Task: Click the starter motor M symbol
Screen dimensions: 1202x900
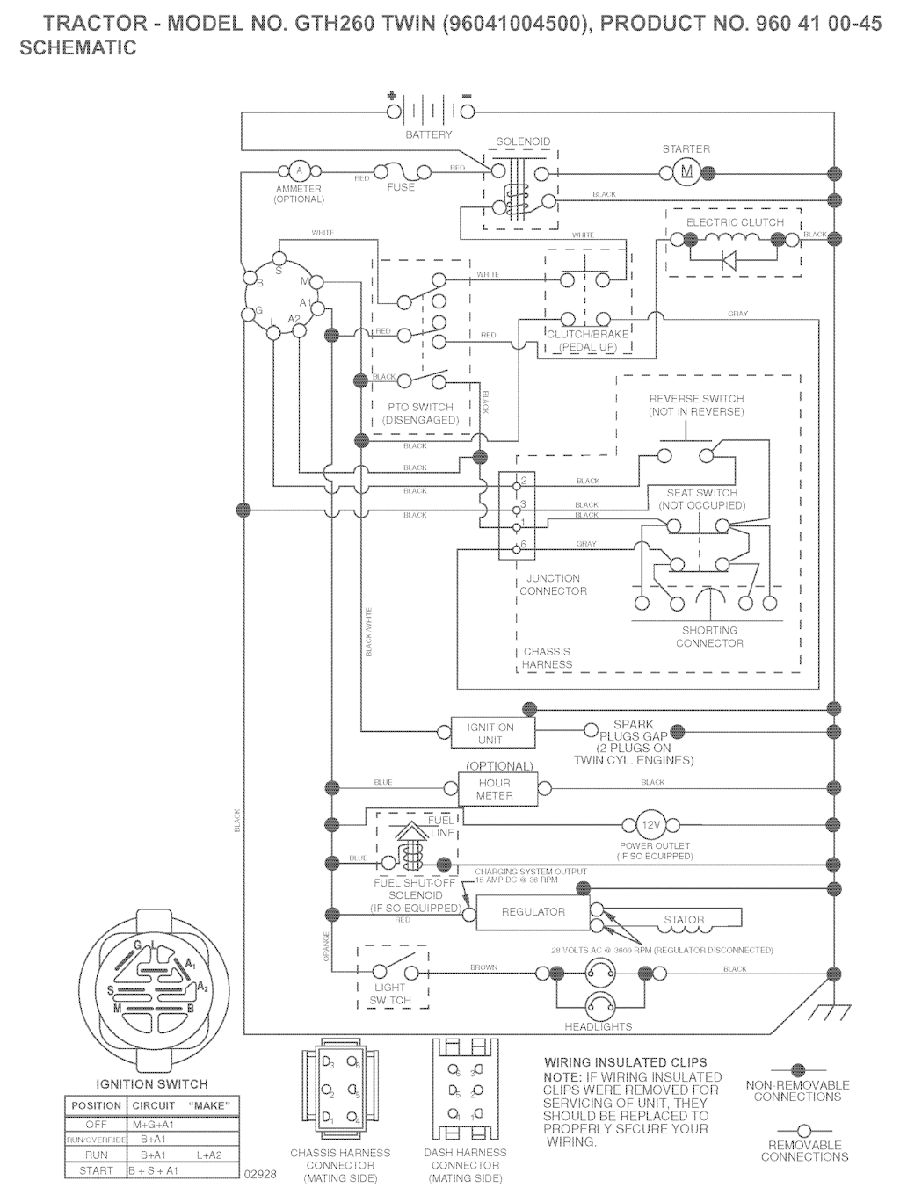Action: [687, 171]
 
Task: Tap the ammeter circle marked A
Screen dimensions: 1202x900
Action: [298, 170]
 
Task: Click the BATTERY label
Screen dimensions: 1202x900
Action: [429, 134]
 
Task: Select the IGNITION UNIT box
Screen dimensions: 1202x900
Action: [490, 733]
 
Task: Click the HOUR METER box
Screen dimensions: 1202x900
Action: [494, 788]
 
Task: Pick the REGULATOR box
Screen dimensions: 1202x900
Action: [533, 912]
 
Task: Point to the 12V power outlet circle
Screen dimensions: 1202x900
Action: [651, 826]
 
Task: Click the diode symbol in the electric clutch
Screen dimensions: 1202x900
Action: [729, 259]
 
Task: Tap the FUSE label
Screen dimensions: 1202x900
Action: [401, 187]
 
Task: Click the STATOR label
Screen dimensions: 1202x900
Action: [684, 920]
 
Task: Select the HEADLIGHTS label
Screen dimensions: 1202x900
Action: [598, 1025]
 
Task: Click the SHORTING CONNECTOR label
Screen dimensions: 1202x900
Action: [709, 637]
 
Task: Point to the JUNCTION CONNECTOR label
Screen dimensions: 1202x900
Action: [553, 584]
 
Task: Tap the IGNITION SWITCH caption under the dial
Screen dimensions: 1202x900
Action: [152, 1083]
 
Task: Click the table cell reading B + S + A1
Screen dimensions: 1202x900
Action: [154, 1170]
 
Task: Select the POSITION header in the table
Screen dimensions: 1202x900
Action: [97, 1105]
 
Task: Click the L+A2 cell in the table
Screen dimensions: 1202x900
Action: [210, 1155]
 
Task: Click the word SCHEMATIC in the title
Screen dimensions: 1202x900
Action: [78, 48]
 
